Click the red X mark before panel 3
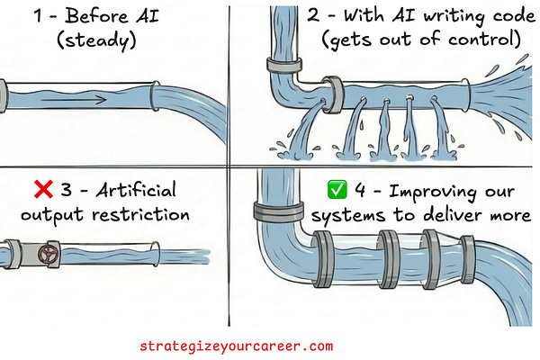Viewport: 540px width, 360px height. point(40,190)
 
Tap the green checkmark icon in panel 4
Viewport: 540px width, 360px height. point(337,191)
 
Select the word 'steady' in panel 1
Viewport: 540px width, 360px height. point(98,40)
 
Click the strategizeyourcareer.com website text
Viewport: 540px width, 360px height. point(237,346)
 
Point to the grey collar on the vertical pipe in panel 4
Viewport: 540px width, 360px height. point(276,212)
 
